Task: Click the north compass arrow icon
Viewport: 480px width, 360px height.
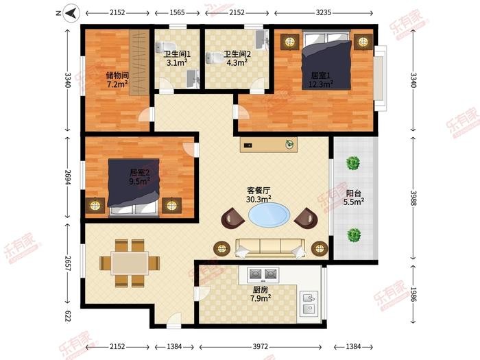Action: [71, 13]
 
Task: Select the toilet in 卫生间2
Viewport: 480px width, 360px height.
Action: [212, 58]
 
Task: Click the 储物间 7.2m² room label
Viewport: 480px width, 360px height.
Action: [117, 80]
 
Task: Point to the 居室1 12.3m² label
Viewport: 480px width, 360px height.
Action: [321, 80]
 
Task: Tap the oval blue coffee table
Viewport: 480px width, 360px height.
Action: [269, 215]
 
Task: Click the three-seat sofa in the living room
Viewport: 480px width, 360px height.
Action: [270, 248]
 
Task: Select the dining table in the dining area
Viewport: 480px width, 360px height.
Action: [130, 263]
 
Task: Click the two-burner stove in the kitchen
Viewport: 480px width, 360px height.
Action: [263, 274]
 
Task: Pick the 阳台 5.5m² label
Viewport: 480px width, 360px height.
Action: [354, 197]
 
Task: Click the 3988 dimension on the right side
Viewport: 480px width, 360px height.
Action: [413, 198]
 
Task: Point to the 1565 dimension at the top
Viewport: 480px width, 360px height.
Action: [177, 12]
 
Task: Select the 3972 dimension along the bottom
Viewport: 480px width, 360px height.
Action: [260, 346]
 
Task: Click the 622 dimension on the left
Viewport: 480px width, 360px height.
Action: [68, 316]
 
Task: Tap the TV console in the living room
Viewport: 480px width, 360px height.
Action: [269, 145]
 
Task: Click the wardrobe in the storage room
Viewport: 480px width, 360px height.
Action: [139, 62]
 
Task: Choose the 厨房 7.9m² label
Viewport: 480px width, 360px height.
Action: [261, 294]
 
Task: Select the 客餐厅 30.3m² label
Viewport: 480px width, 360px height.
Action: [259, 195]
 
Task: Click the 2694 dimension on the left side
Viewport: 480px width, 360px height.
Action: [68, 178]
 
